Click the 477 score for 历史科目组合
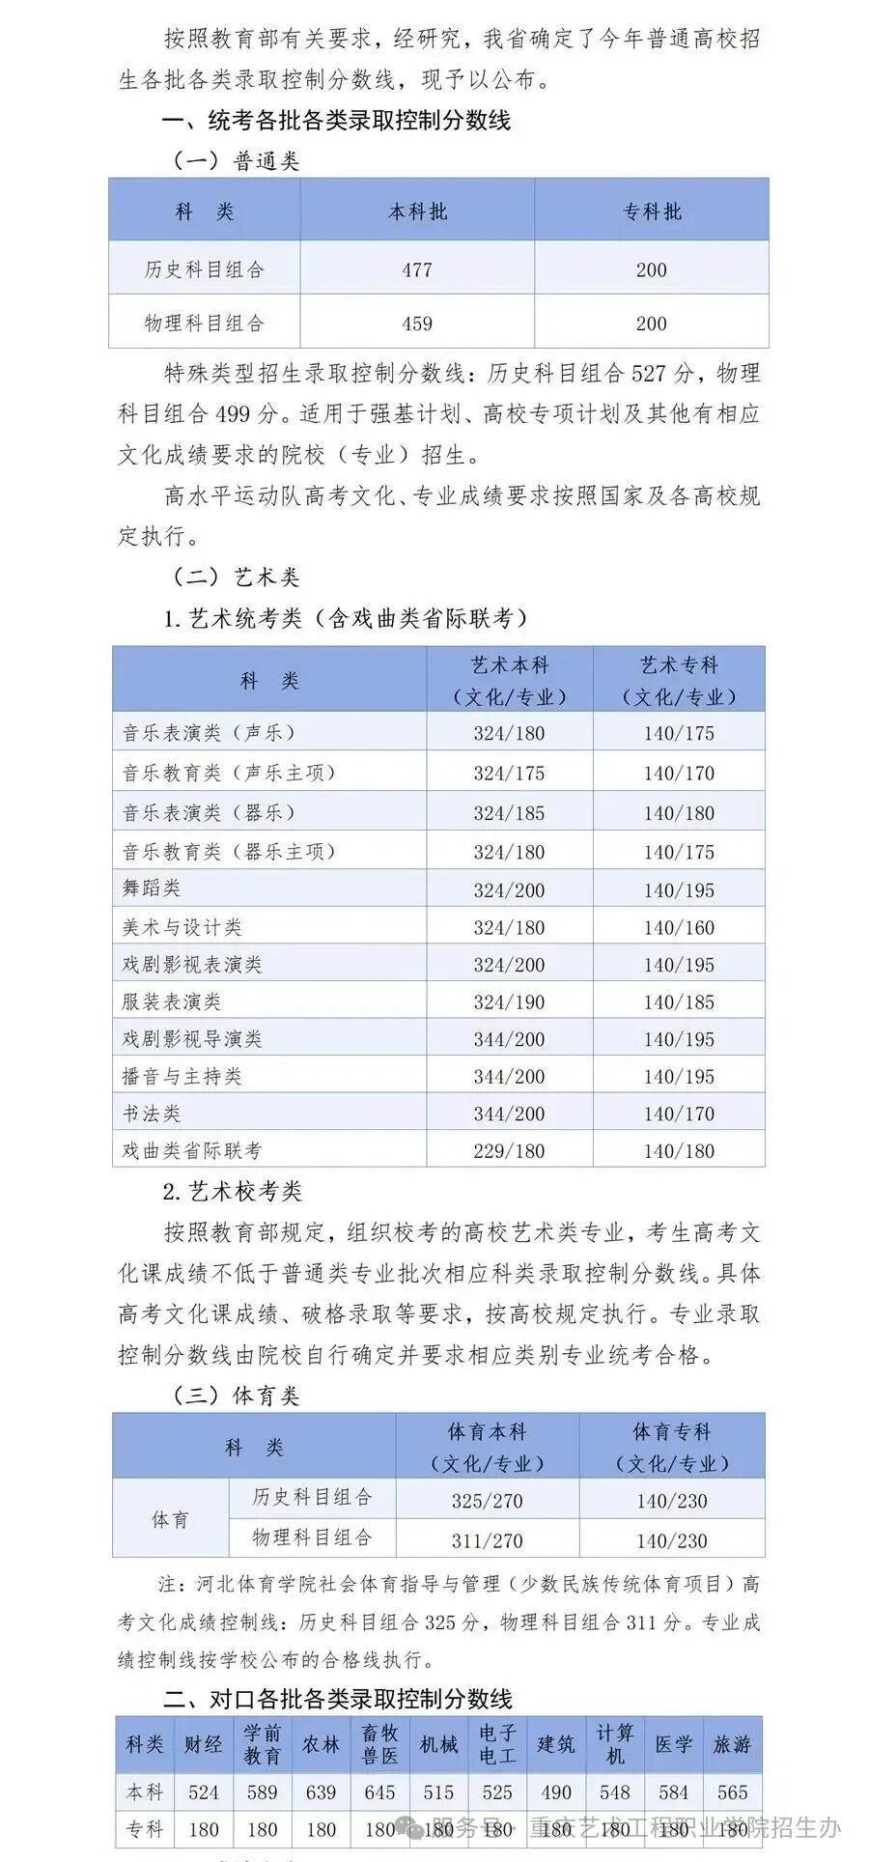(417, 269)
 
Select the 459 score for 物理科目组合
(417, 324)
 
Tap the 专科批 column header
(652, 212)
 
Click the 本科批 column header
(417, 212)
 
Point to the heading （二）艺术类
(237, 577)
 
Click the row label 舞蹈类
(152, 888)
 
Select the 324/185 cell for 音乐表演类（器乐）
(509, 813)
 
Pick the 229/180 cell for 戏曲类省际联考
(509, 1151)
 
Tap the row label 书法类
(152, 1114)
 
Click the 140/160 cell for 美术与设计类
(679, 928)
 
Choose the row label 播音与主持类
(182, 1076)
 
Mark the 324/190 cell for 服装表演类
(509, 1002)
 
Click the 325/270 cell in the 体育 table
(487, 1502)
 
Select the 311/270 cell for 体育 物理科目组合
(487, 1541)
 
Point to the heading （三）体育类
(237, 1396)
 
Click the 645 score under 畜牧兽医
(379, 1792)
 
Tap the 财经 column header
(204, 1744)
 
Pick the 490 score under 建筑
(556, 1792)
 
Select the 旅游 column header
(732, 1744)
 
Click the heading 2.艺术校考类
(233, 1192)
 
